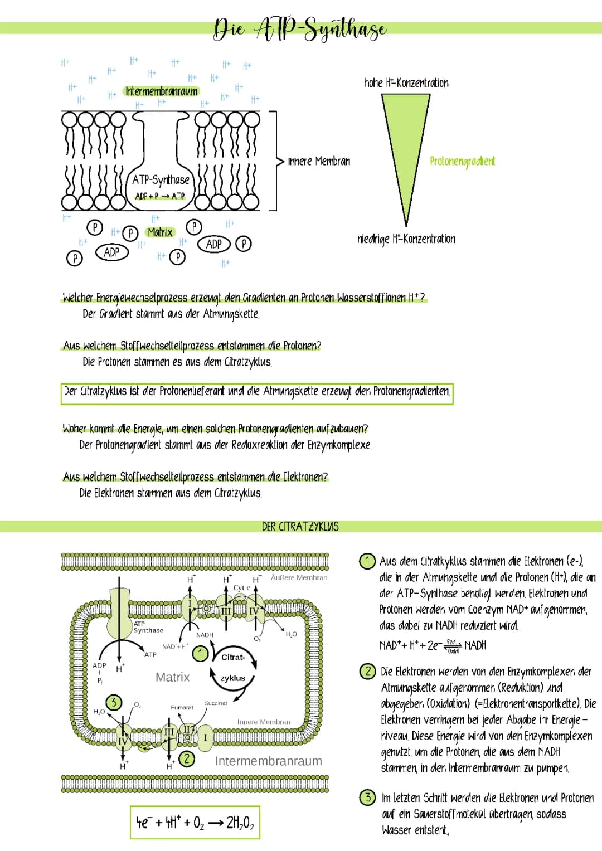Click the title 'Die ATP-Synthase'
(300, 28)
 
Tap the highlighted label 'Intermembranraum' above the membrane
(162, 91)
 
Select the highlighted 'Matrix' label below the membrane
(161, 232)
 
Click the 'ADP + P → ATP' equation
(160, 196)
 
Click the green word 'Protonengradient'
(462, 161)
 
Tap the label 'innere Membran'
(319, 161)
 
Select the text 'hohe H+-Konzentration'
(406, 83)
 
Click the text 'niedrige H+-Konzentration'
(406, 239)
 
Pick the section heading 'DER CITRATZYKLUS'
(300, 526)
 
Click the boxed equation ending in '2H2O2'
(195, 822)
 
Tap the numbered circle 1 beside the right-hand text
(367, 561)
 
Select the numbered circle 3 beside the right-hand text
(367, 797)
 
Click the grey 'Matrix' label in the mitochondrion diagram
(172, 677)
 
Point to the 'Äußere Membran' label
(299, 578)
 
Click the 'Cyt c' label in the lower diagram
(241, 588)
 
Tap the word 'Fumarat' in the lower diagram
(182, 707)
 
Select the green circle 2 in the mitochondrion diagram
(187, 758)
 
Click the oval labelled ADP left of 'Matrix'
(111, 252)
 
